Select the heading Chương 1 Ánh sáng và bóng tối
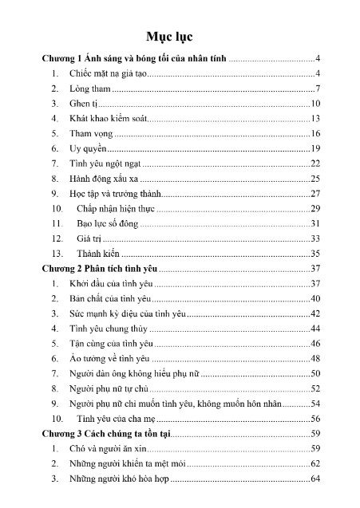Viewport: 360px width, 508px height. coord(135,59)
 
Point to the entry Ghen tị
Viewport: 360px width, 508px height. coord(85,104)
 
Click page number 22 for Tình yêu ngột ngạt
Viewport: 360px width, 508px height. coord(315,163)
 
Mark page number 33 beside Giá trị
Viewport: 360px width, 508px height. coord(315,238)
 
